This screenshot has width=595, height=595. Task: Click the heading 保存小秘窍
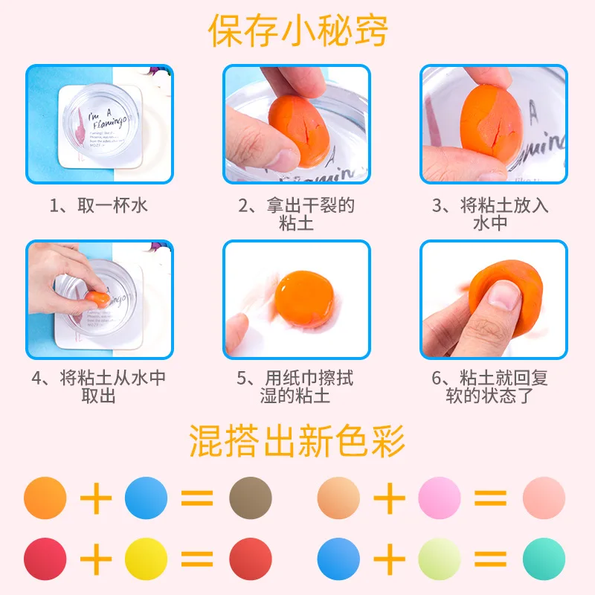(297, 31)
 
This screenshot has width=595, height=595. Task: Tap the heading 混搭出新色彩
(297, 440)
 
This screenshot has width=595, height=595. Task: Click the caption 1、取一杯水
(99, 205)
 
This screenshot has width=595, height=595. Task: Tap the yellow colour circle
(147, 559)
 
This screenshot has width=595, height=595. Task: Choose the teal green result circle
(544, 559)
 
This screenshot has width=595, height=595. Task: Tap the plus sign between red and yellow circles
(96, 559)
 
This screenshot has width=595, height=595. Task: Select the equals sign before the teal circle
(491, 559)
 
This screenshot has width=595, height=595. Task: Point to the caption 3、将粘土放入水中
(493, 213)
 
